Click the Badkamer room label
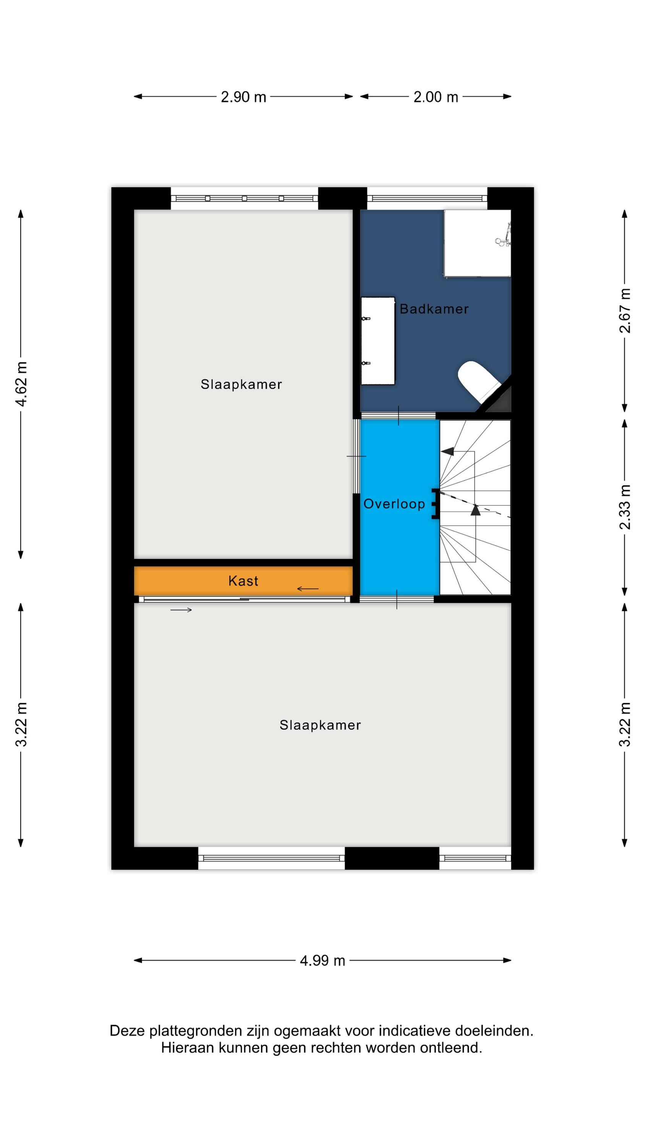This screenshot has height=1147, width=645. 434,309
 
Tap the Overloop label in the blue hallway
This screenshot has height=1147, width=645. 394,504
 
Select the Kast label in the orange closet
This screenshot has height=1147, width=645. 243,581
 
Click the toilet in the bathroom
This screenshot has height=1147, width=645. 478,381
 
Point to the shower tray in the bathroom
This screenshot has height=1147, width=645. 477,244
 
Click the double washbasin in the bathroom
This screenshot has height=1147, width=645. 378,341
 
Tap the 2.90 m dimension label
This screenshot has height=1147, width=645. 243,97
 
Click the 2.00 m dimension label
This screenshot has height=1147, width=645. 436,97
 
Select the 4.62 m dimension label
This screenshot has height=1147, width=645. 21,384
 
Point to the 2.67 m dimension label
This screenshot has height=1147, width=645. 625,310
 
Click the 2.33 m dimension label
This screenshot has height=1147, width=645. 625,507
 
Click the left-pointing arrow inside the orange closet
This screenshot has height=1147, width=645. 308,589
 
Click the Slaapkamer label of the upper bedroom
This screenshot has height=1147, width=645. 241,384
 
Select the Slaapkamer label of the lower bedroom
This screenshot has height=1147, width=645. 320,725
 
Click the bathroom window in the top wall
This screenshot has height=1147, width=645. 427,198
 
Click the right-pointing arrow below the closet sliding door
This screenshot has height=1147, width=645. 181,610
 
